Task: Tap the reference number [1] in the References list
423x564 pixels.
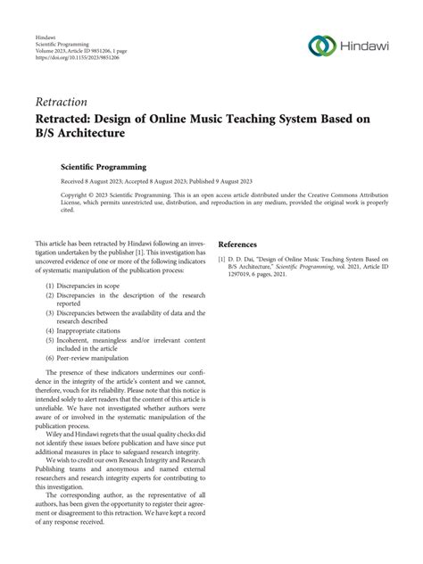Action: [223, 259]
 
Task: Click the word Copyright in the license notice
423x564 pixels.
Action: [75, 193]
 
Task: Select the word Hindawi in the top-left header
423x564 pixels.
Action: [46, 38]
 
